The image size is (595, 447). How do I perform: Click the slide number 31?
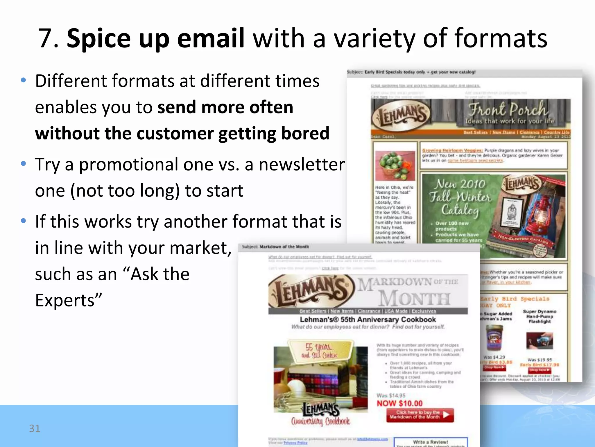point(35,428)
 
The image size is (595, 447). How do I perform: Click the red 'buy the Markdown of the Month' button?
point(420,415)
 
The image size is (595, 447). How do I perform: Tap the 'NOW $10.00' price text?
point(399,403)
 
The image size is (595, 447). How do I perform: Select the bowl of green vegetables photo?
point(395,166)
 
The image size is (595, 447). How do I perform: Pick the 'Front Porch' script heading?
point(508,109)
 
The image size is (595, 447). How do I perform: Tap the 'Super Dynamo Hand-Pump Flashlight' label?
point(540,316)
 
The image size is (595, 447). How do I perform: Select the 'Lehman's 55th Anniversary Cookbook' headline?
point(368,320)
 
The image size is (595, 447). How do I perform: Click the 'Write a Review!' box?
point(431,442)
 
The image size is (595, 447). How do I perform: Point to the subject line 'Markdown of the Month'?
point(284,247)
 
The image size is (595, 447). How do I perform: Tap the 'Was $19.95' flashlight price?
point(540,360)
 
